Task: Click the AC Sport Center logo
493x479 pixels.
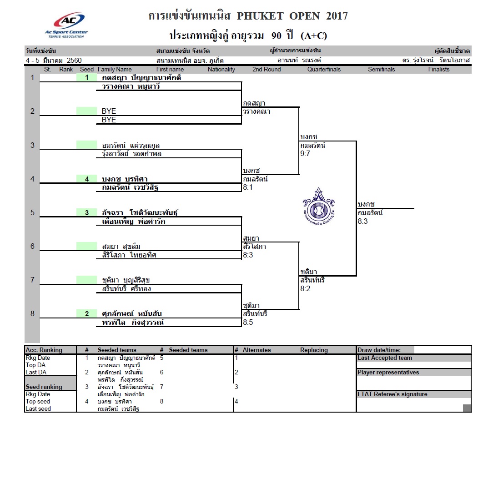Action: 66,25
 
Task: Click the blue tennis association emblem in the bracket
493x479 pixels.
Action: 318,207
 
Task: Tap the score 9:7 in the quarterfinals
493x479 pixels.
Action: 305,153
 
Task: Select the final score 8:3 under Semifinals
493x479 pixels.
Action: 362,221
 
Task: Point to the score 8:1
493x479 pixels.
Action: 248,187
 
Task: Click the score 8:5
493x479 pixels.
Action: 248,322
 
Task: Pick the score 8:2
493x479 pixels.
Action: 305,288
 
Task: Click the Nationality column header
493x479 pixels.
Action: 221,69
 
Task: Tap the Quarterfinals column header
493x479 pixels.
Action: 324,69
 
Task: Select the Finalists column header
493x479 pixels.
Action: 438,69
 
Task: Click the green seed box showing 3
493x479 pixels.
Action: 86,212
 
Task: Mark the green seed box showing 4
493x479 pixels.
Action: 86,179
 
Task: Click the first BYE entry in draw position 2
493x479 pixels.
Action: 109,111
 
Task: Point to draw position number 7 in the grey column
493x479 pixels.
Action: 32,280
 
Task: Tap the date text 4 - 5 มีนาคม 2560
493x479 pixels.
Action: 54,60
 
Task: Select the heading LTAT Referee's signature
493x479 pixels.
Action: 392,394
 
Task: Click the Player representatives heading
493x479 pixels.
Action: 388,373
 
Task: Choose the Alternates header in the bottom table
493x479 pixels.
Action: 257,350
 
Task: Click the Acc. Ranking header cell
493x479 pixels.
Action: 44,350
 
